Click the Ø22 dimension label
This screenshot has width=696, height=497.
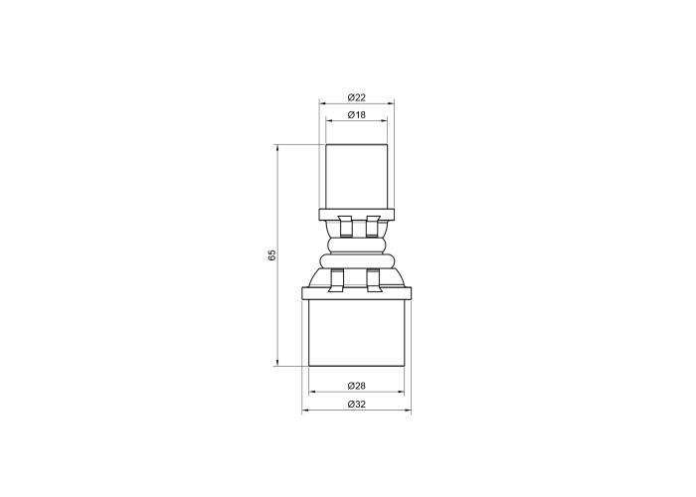tap(356, 97)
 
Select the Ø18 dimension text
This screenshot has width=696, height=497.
tap(356, 115)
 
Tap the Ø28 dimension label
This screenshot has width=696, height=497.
tap(356, 386)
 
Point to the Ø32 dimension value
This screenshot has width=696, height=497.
tap(356, 404)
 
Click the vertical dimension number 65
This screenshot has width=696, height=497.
tap(272, 255)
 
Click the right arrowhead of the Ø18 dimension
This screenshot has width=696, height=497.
tap(384, 119)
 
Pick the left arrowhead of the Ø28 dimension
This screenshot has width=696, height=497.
tap(312, 392)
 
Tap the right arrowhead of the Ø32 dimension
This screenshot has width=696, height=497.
tap(408, 411)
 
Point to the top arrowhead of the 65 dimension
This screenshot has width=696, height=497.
tap(277, 148)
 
